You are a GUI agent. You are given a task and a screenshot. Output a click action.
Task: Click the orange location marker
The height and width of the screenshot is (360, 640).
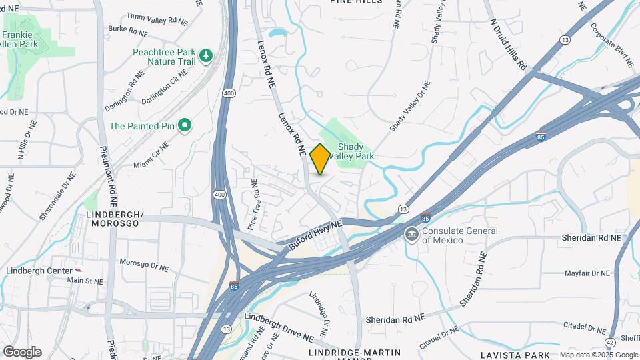320,159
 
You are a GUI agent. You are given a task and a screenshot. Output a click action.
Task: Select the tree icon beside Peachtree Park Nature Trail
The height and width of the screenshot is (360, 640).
206,54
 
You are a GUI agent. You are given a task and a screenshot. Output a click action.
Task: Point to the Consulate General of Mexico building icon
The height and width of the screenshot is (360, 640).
411,235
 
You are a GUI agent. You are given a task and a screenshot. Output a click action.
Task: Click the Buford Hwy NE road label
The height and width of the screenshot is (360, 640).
315,235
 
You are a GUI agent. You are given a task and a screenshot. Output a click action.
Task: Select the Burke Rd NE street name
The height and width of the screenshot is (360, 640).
127,30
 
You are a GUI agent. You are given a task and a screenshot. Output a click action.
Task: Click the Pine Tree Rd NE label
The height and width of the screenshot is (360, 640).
253,204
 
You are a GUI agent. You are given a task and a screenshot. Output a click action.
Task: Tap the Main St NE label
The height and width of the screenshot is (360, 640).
85,281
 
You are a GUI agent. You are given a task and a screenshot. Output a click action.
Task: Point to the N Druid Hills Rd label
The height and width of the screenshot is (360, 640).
509,45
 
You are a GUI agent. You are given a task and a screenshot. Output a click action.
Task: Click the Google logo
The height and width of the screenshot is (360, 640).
22,352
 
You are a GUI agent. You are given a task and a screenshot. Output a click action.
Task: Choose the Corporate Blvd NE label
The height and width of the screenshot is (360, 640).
612,45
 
